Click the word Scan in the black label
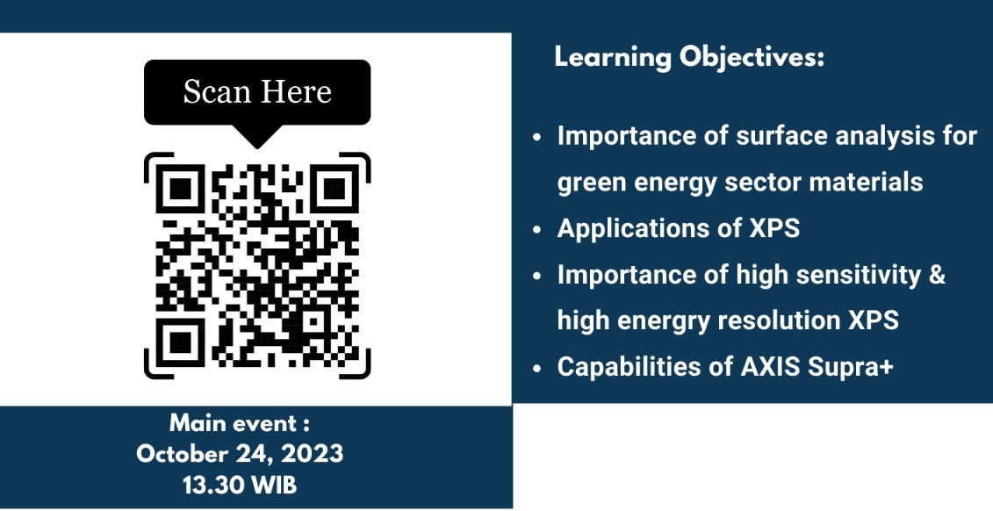(x=215, y=92)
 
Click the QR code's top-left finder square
(x=181, y=188)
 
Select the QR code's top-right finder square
(x=335, y=188)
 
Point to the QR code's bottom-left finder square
(x=181, y=342)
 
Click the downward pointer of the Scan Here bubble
(x=257, y=135)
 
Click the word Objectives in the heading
(x=752, y=58)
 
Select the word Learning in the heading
(x=613, y=58)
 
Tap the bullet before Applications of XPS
(x=537, y=229)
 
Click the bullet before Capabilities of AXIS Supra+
(x=537, y=367)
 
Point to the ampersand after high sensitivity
(x=937, y=275)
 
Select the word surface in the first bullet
(x=781, y=136)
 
